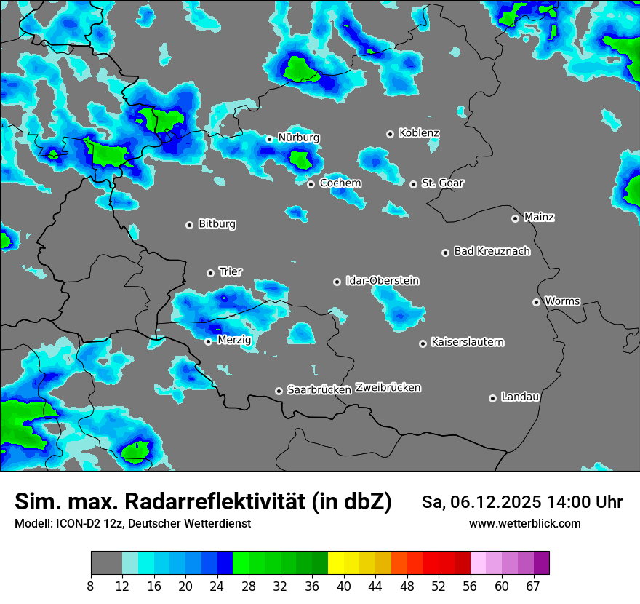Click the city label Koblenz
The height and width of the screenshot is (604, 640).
(420, 133)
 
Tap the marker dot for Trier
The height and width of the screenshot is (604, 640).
(211, 273)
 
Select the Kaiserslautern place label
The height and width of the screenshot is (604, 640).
(468, 342)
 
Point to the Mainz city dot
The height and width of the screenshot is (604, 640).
(515, 218)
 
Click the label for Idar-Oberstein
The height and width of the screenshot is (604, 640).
(383, 280)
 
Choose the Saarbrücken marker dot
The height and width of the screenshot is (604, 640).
(279, 391)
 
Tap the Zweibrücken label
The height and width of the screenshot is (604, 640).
(388, 387)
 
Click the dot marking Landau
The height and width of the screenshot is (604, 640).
(492, 398)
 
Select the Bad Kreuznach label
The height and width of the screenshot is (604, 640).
(492, 251)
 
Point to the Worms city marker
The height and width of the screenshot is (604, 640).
(536, 302)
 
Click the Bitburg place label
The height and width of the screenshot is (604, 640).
(217, 224)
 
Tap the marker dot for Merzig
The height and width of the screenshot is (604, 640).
(209, 341)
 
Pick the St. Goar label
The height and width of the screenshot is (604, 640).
(443, 183)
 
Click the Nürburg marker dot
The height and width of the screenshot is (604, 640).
(269, 139)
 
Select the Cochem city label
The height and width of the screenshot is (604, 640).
(340, 183)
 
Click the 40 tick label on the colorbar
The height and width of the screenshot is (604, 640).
(344, 586)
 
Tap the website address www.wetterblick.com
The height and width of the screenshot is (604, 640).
(525, 523)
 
